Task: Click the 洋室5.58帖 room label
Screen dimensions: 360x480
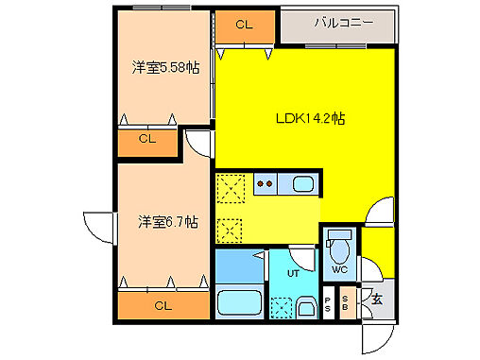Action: [164, 67]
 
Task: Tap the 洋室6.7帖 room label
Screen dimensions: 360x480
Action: [167, 222]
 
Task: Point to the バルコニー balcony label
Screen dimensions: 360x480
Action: [338, 23]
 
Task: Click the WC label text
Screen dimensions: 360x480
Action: [339, 270]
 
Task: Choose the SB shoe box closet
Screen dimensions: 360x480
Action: [345, 304]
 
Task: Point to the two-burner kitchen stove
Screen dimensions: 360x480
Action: [266, 184]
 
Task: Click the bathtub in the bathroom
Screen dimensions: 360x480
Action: [238, 304]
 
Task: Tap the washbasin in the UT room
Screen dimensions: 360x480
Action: [305, 307]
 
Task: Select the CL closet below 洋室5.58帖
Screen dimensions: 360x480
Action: [147, 140]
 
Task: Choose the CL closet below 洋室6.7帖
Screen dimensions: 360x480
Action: [163, 305]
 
